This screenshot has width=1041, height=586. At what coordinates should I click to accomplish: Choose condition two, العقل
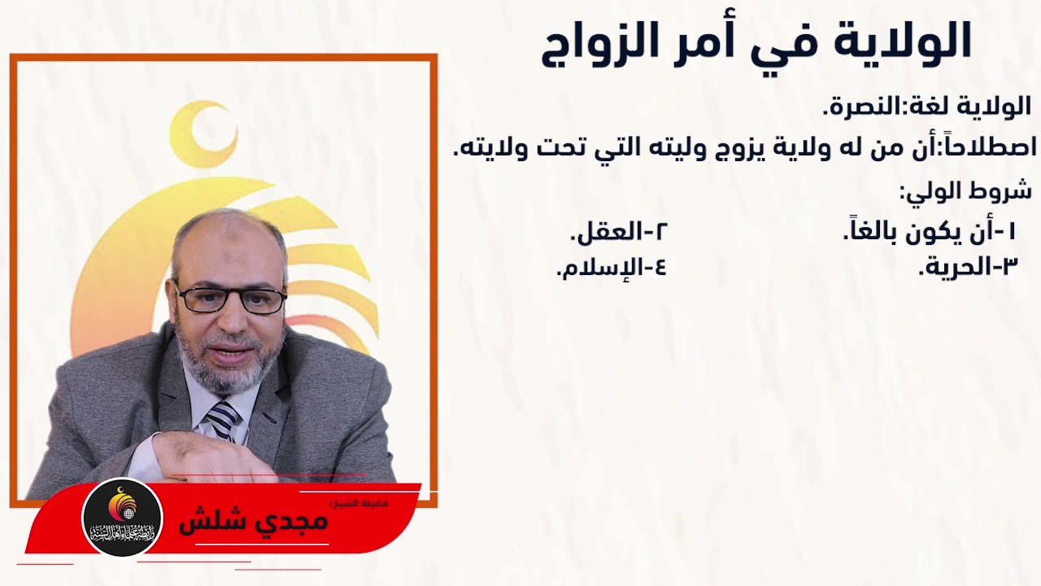pyautogui.click(x=618, y=233)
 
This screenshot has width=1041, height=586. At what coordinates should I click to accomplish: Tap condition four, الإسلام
pyautogui.click(x=611, y=267)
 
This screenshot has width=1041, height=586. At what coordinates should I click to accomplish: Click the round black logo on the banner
pyautogui.click(x=123, y=518)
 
